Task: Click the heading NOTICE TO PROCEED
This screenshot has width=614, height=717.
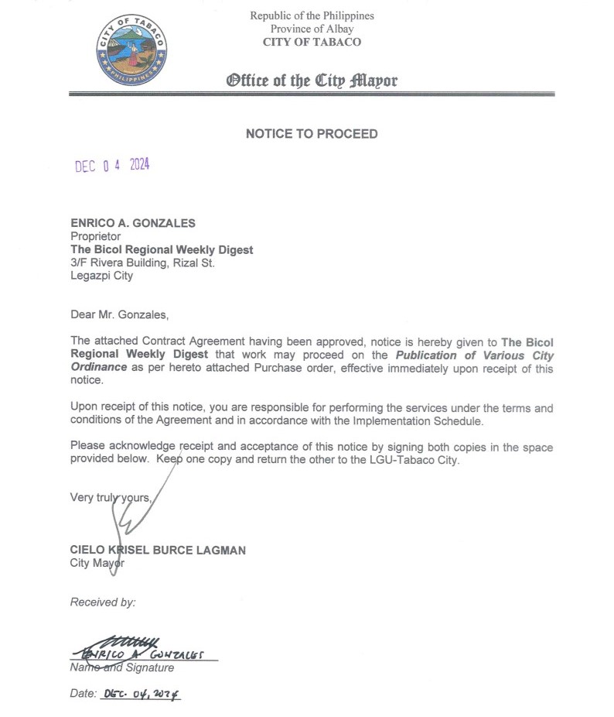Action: click(312, 134)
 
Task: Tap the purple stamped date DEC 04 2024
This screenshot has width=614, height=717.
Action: click(111, 166)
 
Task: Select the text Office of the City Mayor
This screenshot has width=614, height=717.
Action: click(312, 81)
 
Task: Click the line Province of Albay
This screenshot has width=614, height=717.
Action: click(312, 29)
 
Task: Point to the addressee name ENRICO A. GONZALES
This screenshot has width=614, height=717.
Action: click(133, 223)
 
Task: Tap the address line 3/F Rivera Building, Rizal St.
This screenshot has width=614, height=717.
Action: click(142, 262)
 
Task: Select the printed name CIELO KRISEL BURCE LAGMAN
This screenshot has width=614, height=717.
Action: click(158, 551)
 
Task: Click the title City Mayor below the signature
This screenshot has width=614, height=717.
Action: click(97, 563)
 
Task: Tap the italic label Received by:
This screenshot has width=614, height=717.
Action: click(103, 602)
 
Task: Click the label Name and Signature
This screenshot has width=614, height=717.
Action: click(122, 667)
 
